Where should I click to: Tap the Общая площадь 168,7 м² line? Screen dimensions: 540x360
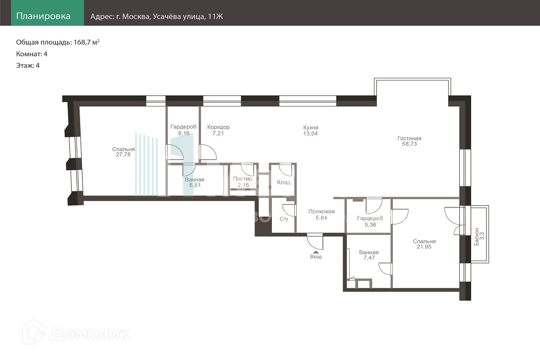click(x=58, y=42)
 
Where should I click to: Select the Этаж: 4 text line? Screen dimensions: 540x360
click(x=28, y=66)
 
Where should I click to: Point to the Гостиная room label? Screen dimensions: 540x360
click(x=409, y=141)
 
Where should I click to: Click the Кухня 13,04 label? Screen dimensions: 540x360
click(x=311, y=131)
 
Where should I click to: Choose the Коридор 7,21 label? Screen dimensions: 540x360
click(x=218, y=130)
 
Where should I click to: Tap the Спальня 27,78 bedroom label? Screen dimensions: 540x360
click(x=123, y=152)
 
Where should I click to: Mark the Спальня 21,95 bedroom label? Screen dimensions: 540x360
click(x=424, y=244)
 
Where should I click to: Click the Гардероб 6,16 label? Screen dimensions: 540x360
click(x=184, y=130)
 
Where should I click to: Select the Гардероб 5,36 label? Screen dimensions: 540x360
click(x=370, y=222)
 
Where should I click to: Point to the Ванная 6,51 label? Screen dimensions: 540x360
click(x=195, y=182)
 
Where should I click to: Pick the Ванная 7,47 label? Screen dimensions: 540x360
click(x=369, y=255)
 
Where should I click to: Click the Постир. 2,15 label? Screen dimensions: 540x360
click(x=243, y=182)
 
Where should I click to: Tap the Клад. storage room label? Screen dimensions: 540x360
click(x=285, y=182)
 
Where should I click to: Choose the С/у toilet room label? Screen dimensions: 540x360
click(x=284, y=219)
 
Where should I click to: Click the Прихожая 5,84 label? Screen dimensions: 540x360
click(x=321, y=215)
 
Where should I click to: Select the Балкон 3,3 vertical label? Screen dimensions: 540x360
click(x=480, y=236)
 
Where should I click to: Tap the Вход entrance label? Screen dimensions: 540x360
click(x=316, y=257)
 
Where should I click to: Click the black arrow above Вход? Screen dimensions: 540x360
click(x=316, y=252)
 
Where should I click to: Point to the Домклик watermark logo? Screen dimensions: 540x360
click(x=76, y=332)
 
